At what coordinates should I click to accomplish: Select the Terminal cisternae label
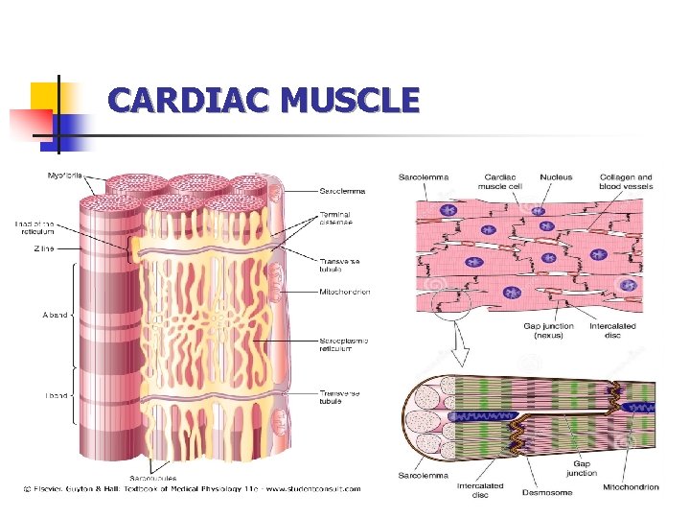coord(335,219)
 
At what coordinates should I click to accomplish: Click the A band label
coord(55,314)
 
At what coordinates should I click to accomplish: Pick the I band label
coord(56,394)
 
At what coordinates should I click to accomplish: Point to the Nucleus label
coord(557,177)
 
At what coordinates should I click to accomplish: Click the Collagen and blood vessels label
coord(626,181)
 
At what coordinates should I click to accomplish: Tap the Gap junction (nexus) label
coord(548,331)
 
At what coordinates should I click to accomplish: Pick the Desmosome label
coord(547,491)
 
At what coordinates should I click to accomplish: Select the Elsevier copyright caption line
coord(192,488)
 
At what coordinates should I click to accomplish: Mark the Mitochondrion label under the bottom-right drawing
coord(631,487)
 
